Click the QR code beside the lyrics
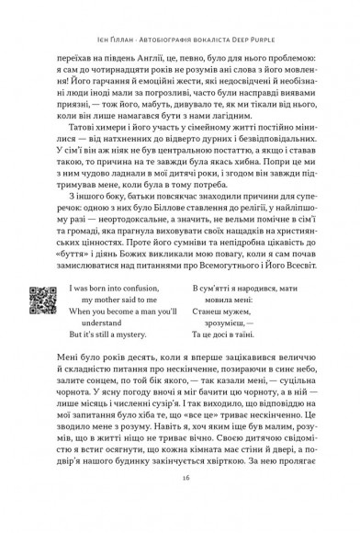40,298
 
